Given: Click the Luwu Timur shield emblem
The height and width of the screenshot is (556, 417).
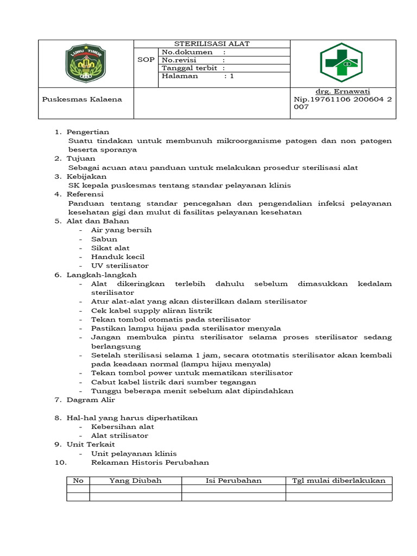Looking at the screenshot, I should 86,64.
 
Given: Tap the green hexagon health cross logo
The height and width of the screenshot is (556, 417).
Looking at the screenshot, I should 343,64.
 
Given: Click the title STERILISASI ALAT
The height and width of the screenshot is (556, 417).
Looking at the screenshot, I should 212,44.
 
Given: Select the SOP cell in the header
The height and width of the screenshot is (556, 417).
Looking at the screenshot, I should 146,60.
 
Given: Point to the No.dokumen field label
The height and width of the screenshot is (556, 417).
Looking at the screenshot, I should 193,52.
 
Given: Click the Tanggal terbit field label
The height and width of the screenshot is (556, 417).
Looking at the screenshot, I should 193,68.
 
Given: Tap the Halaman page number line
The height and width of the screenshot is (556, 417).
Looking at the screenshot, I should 198,76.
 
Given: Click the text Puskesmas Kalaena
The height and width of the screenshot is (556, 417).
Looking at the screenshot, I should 82,99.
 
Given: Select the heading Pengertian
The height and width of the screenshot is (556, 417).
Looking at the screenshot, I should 87,132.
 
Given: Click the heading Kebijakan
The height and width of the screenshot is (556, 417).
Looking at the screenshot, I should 86,176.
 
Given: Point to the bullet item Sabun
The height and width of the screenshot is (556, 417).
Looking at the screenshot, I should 104,239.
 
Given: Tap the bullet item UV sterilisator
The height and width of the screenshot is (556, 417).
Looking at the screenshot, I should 119,266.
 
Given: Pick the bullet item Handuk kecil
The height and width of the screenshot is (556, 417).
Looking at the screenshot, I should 118,257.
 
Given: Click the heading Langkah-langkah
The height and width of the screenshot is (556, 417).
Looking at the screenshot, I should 102,275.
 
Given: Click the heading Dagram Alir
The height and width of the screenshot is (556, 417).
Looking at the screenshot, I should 91,400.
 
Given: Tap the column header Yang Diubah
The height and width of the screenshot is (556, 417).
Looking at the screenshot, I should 135,481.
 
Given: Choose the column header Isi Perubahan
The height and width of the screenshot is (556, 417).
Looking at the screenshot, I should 233,481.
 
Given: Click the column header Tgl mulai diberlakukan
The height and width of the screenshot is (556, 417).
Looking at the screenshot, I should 339,481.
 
